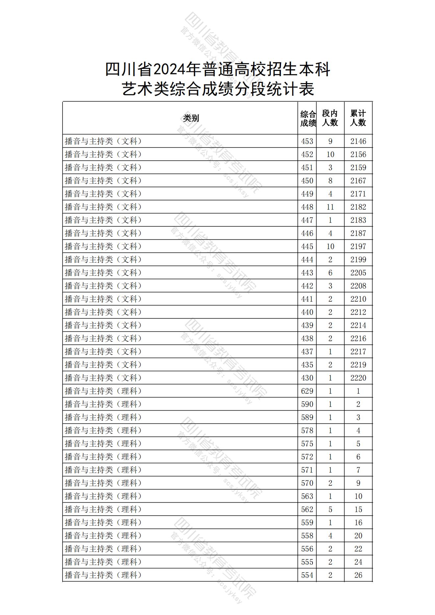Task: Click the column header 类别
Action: (191, 118)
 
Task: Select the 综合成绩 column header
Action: (307, 118)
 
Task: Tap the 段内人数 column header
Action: (330, 118)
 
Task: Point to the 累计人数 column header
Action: (358, 118)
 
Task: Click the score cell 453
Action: (307, 141)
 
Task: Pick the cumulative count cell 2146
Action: (358, 141)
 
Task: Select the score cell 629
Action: (307, 391)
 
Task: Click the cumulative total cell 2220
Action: (358, 378)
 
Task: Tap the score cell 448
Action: (307, 207)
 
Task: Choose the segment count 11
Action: (330, 207)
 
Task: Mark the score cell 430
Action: (307, 378)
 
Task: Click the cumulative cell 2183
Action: (358, 220)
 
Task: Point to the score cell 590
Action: (307, 404)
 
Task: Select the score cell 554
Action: (307, 575)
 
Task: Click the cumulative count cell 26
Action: (358, 575)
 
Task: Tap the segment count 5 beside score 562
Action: (330, 509)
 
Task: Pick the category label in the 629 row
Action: (103, 391)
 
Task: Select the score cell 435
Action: (307, 365)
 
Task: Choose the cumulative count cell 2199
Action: (358, 260)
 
